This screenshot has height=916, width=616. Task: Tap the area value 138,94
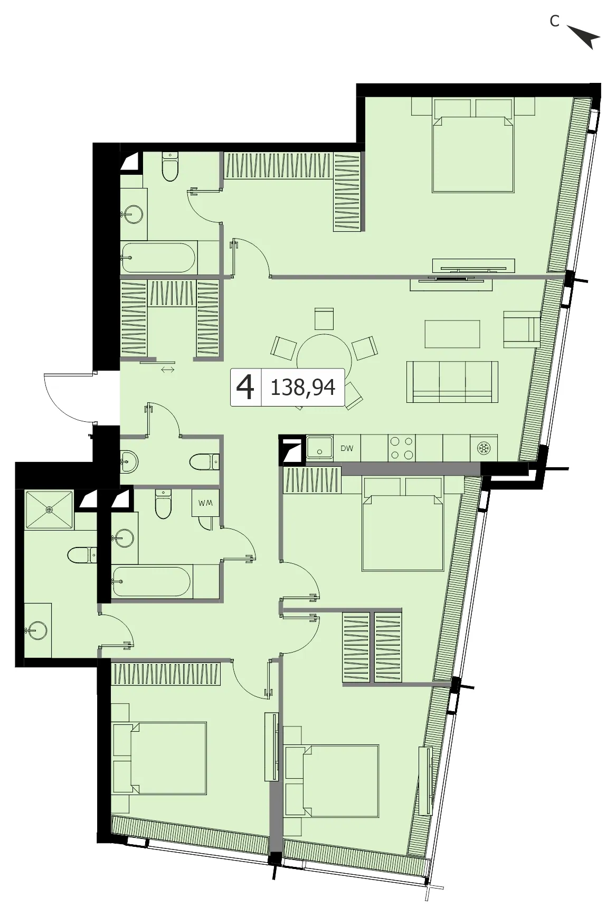[x=302, y=388]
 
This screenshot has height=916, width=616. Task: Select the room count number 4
[x=245, y=388]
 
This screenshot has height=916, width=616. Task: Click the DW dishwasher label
[x=347, y=449]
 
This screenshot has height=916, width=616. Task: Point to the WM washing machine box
[x=205, y=503]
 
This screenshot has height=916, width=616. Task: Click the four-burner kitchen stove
[x=402, y=448]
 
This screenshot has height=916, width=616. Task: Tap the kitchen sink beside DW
[x=319, y=448]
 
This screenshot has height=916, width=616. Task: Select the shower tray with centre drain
[x=49, y=509]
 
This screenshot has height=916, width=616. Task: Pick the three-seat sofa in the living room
[x=452, y=382]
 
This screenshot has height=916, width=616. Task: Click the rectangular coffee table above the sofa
[x=452, y=334]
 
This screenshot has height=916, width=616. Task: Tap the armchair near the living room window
[x=522, y=329]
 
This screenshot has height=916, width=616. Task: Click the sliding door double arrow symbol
[x=168, y=370]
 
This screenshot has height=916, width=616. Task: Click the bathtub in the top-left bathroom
[x=159, y=258]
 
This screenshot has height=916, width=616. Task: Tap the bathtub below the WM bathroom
[x=151, y=582]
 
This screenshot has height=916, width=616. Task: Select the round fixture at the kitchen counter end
[x=484, y=448]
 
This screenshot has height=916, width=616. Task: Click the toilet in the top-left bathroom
[x=170, y=166]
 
